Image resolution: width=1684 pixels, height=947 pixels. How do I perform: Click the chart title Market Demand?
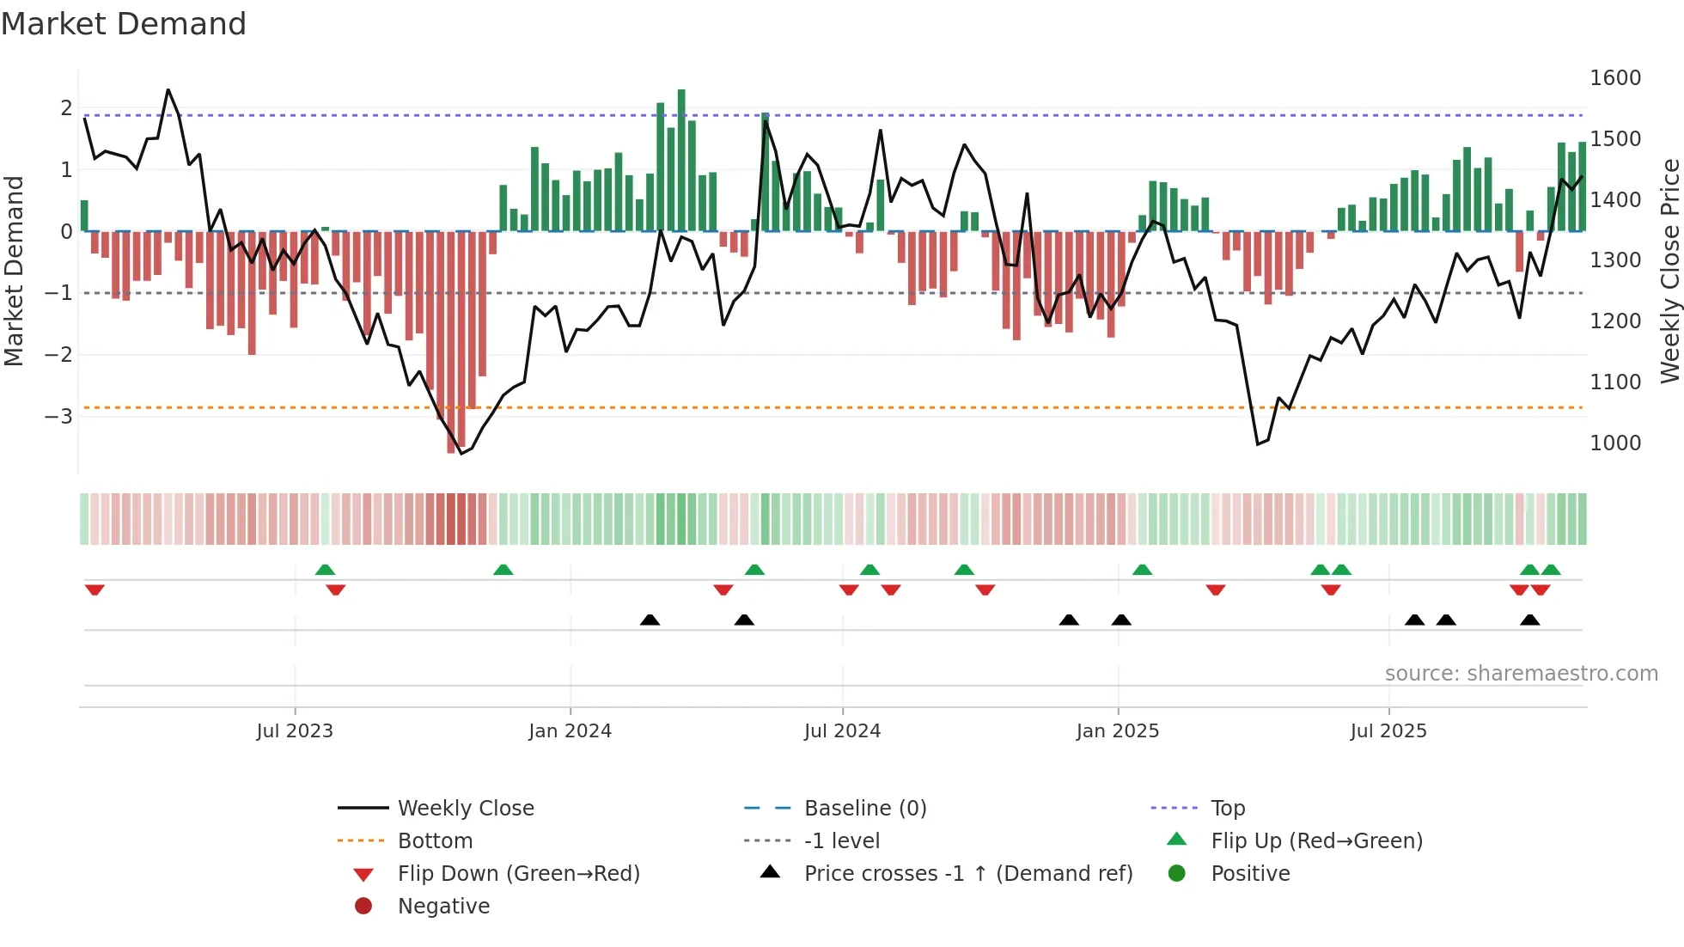[124, 24]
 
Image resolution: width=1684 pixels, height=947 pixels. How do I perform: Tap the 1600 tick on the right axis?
[1614, 78]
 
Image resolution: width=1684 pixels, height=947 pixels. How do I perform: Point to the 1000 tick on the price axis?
[1614, 443]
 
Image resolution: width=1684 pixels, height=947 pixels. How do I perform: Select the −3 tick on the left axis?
[59, 417]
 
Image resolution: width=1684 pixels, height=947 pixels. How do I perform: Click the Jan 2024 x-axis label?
[570, 731]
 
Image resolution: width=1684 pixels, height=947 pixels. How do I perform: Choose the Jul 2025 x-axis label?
[1388, 731]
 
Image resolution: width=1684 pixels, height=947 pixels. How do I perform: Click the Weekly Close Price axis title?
[1669, 271]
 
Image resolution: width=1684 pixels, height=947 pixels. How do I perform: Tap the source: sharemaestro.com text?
[1521, 674]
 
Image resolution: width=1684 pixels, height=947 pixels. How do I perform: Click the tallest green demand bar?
[681, 160]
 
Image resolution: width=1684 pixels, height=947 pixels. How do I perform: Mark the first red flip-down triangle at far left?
[95, 590]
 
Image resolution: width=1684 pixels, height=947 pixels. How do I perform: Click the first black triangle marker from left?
[650, 620]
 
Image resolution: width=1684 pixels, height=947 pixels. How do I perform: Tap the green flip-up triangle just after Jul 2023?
[325, 570]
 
